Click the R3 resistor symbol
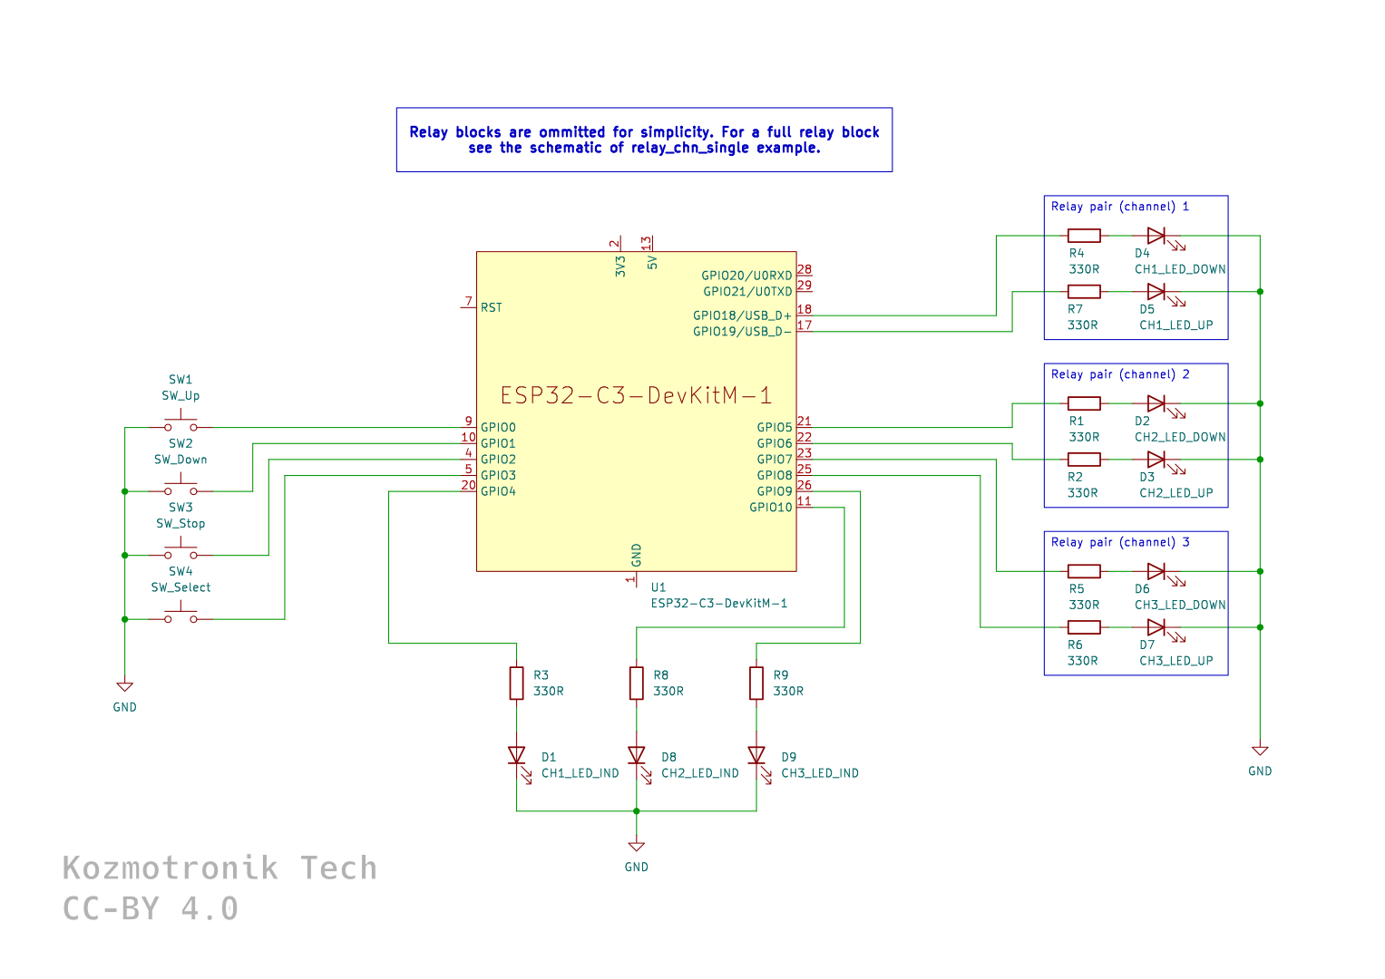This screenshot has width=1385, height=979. (x=516, y=683)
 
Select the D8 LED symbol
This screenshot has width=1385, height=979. (x=637, y=755)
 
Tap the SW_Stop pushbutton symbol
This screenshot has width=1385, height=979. (x=180, y=553)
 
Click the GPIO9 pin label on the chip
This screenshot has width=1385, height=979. (x=775, y=491)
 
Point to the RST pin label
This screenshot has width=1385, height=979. (x=492, y=308)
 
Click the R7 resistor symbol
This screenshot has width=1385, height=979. (x=1084, y=292)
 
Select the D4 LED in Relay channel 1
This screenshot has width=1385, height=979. (x=1156, y=236)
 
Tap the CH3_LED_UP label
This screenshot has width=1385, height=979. (x=1176, y=661)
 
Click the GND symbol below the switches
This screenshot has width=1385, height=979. (x=125, y=688)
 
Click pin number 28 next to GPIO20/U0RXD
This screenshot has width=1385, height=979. (x=805, y=270)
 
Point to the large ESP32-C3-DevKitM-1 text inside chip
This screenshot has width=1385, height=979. (x=636, y=395)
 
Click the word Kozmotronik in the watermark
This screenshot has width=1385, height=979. (x=171, y=868)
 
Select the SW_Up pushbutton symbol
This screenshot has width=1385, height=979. (x=180, y=425)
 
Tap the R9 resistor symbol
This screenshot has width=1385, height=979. (x=756, y=683)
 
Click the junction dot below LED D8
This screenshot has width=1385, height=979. (x=637, y=810)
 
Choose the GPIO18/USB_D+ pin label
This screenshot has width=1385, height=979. (x=742, y=315)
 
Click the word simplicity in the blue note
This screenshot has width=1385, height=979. (x=676, y=132)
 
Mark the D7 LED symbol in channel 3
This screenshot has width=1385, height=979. (x=1156, y=627)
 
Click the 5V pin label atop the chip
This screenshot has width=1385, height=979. (x=652, y=262)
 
